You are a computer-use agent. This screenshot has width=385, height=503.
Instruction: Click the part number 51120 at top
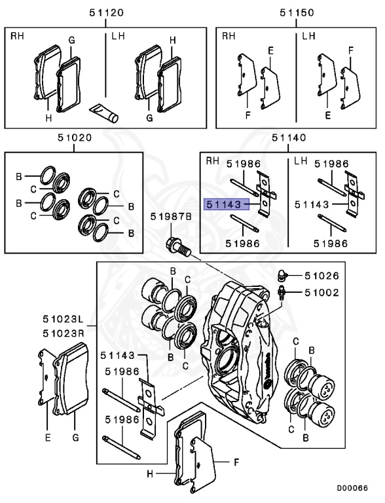coord(106,13)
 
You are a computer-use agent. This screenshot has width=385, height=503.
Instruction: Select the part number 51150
coord(297,13)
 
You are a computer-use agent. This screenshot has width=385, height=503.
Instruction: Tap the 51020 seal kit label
coord(75,138)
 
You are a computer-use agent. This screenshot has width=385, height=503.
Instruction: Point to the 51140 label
coord(289,138)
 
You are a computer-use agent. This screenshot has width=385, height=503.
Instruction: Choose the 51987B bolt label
coord(171,217)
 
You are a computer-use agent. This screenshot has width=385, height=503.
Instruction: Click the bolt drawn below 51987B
coord(179,247)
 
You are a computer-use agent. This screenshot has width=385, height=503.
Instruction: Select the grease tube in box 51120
coord(104,112)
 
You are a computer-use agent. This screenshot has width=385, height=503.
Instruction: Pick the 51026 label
coord(321,276)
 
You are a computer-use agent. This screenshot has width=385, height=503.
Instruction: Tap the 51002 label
coord(321,293)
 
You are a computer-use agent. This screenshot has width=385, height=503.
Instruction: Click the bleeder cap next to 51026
coord(282,274)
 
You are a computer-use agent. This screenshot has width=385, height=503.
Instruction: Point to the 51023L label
coord(64,319)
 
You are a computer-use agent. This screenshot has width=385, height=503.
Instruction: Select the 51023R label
coord(64,333)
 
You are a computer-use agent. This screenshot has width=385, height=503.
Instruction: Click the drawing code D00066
coord(352,488)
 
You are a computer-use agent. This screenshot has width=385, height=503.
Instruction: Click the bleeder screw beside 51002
coord(282,293)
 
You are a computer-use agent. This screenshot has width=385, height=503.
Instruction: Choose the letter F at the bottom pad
coord(236,462)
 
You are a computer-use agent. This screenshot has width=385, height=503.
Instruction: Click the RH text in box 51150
coord(229,36)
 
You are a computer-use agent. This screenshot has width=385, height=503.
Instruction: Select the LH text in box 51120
coord(118,36)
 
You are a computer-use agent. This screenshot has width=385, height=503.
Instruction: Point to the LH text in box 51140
coord(301,160)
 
